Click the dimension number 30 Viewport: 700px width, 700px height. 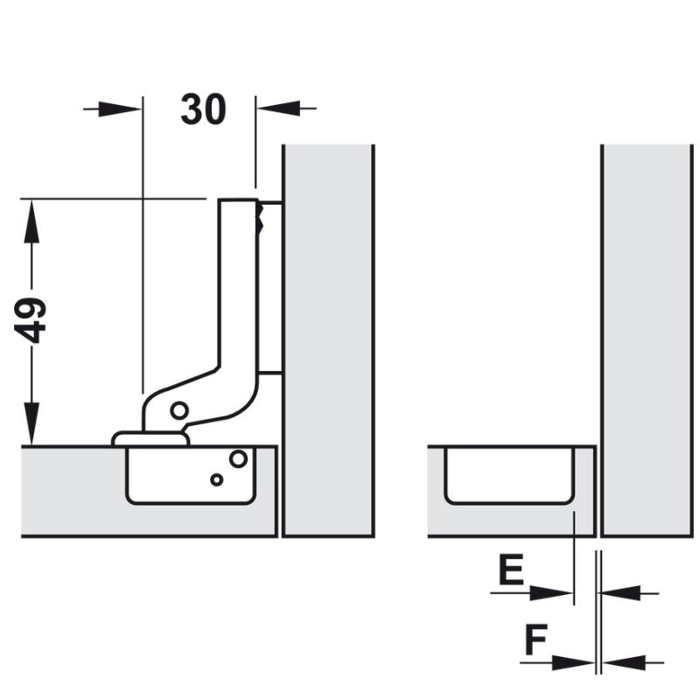pos(203,109)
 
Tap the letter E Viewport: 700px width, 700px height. pos(511,571)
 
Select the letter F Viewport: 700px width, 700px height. pos(535,642)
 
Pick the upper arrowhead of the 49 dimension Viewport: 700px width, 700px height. pos(31,215)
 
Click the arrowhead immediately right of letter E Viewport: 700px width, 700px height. pos(556,592)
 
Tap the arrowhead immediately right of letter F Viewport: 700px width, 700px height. pos(578,662)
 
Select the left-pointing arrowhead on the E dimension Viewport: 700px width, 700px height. pos(617,592)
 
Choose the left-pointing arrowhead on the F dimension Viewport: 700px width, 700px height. pos(620,662)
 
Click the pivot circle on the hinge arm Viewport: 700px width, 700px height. pos(178,409)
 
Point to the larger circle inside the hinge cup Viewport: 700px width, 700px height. pos(238,458)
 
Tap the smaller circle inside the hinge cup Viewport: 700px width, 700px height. pos(216,479)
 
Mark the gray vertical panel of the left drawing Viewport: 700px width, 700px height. pos(328,341)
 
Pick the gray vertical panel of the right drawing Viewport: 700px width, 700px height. pos(647,341)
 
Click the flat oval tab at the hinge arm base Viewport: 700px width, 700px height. pos(149,437)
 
